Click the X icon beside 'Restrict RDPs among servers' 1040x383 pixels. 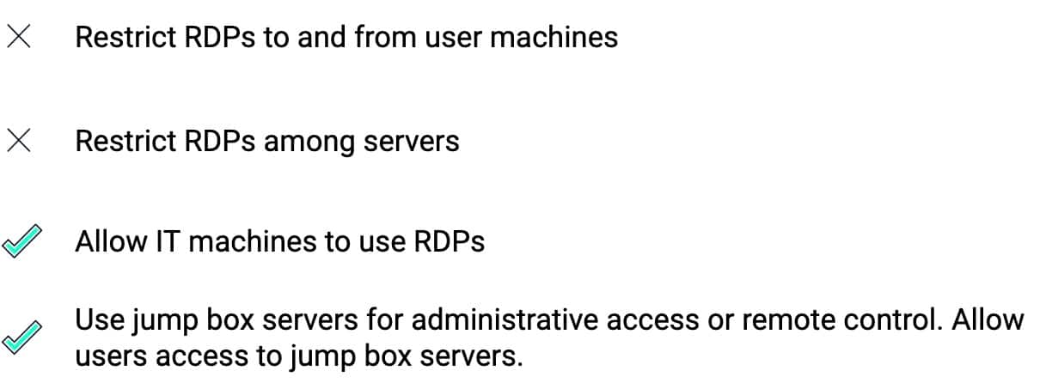coord(19,141)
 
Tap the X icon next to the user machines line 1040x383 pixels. coord(19,38)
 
